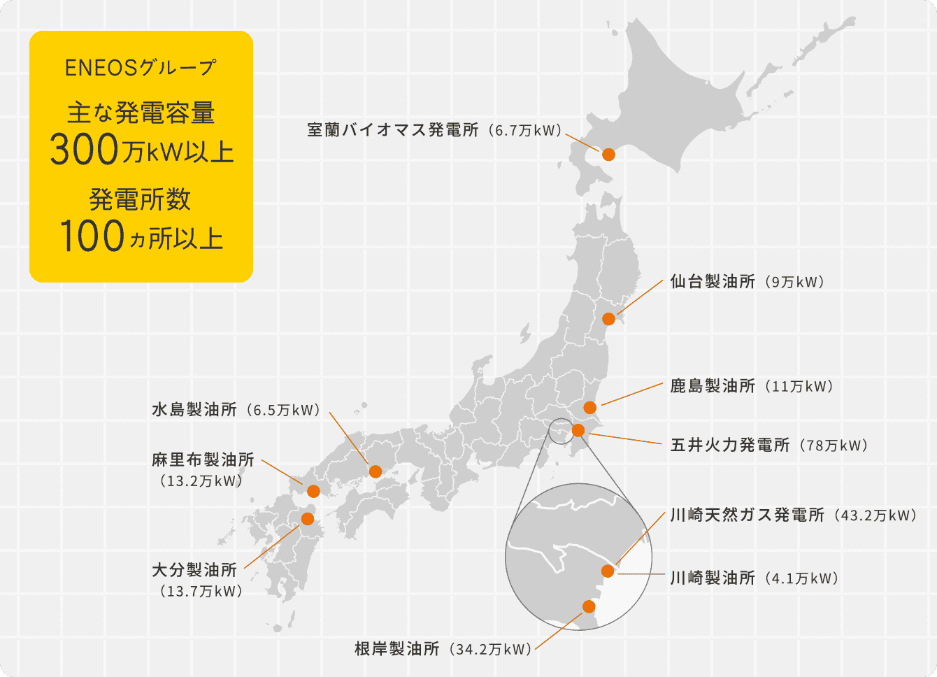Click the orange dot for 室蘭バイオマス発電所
click(608, 154)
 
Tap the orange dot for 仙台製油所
click(608, 319)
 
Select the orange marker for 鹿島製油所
click(589, 407)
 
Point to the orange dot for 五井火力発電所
click(578, 430)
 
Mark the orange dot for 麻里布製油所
click(313, 491)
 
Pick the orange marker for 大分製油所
click(307, 518)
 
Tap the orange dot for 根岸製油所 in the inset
click(589, 606)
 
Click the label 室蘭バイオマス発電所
click(393, 130)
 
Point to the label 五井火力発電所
click(729, 445)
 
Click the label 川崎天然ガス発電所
click(747, 515)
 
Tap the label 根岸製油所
click(396, 649)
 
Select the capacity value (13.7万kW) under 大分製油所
click(201, 592)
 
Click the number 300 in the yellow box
click(84, 150)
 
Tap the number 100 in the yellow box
click(92, 236)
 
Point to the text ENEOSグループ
click(141, 68)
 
